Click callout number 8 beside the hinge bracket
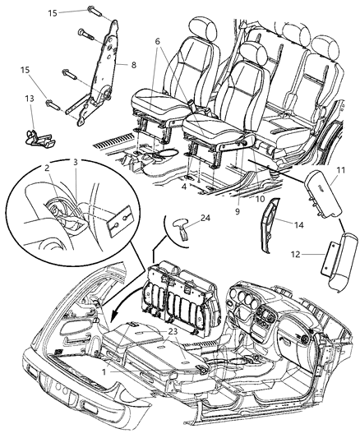(133, 65)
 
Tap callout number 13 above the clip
(30, 99)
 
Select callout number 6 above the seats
(157, 41)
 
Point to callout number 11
(342, 170)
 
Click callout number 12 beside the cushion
(297, 255)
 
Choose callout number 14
(298, 225)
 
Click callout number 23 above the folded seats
(173, 330)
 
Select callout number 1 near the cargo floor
(104, 371)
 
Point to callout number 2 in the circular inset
(47, 168)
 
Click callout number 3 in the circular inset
(75, 163)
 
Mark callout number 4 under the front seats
(183, 187)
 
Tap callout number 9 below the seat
(237, 212)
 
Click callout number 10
(260, 199)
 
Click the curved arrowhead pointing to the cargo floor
(114, 317)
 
